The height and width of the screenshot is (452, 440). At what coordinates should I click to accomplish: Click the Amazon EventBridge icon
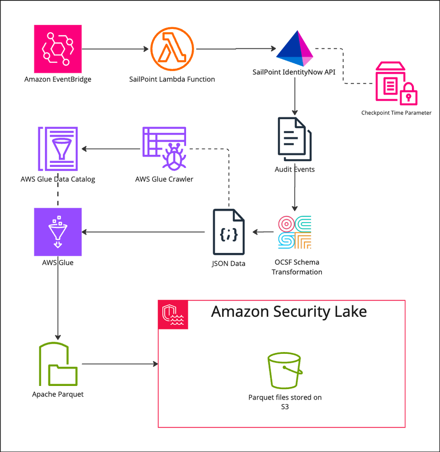coord(58,49)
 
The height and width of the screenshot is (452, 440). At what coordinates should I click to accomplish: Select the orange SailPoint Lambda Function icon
coord(172,49)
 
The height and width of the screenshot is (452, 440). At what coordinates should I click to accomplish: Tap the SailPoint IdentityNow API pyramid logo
coord(295,49)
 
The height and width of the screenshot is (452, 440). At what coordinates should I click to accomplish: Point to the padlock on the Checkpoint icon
coord(409,94)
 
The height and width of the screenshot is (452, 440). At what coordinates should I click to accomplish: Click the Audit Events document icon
coord(295,139)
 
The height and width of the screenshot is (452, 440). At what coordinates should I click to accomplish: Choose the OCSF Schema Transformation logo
coord(295,233)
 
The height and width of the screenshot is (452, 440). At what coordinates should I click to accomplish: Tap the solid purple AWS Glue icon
coord(58,232)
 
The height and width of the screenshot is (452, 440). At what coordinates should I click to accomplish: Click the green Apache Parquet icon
coord(58,364)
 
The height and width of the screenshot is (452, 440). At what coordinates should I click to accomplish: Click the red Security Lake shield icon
coord(173,314)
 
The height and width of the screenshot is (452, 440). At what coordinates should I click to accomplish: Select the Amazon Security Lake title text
coord(289,312)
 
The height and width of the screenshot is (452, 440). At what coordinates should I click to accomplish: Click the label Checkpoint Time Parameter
coord(396,113)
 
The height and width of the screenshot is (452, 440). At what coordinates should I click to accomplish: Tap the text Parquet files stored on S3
coord(285,402)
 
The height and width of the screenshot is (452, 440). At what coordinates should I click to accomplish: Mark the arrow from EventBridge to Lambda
coord(116,49)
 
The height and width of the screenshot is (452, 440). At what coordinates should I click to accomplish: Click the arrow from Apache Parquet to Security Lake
coord(120,364)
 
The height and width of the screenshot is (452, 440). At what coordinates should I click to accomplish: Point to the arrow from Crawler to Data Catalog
coord(111,148)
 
